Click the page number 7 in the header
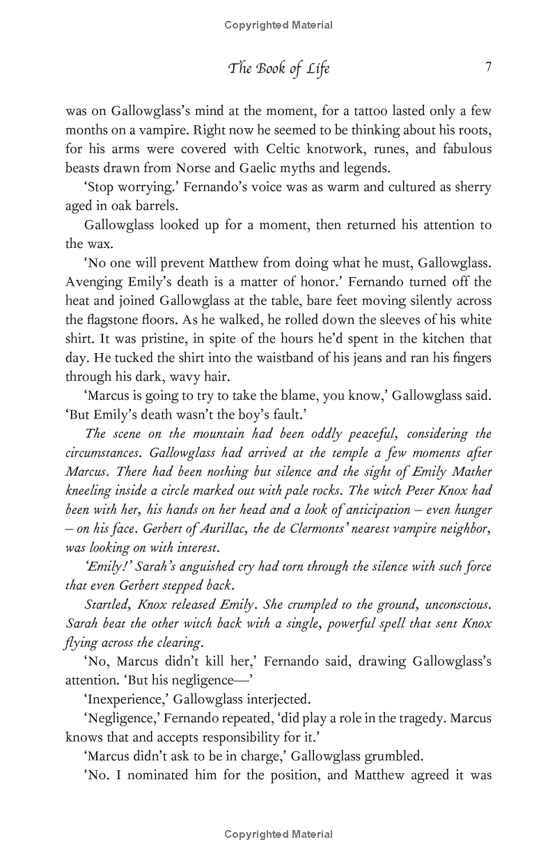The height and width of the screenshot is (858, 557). click(x=488, y=68)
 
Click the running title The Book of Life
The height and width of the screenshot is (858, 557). click(x=278, y=68)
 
